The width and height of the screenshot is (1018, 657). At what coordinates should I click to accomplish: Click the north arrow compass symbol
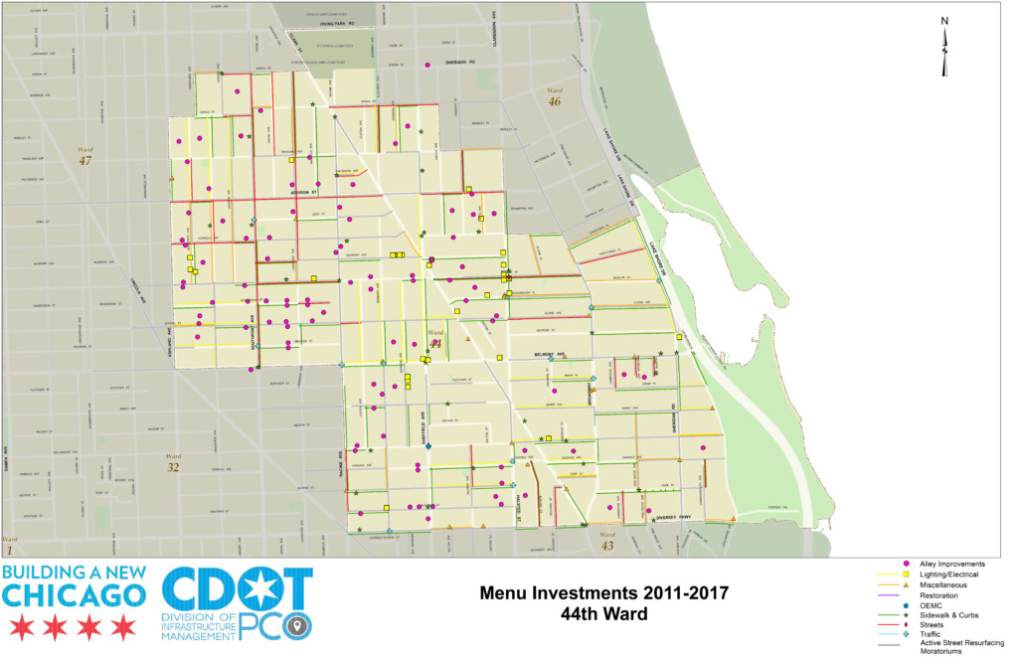click(944, 47)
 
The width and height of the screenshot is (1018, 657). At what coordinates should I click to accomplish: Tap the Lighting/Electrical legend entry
click(948, 575)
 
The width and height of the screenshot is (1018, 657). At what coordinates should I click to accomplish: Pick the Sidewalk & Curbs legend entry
click(950, 616)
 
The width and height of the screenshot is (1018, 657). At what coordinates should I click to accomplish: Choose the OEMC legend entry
click(933, 605)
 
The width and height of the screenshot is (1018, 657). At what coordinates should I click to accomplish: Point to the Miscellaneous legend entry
click(944, 584)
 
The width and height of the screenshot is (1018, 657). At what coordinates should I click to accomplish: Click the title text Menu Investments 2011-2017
click(604, 593)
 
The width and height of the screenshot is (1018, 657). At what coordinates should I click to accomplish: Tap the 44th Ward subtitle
click(604, 614)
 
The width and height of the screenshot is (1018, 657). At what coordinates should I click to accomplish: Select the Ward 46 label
click(555, 96)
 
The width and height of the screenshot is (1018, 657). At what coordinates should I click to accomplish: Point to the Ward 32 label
click(173, 462)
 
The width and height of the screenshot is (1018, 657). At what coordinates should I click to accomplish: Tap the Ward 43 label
click(607, 541)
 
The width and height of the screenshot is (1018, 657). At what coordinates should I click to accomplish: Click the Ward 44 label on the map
click(434, 338)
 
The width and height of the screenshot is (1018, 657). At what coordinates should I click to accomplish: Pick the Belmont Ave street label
click(553, 353)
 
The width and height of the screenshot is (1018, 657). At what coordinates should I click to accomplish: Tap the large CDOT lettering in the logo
click(237, 592)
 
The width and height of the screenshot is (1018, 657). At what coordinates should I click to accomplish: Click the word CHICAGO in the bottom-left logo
click(75, 595)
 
